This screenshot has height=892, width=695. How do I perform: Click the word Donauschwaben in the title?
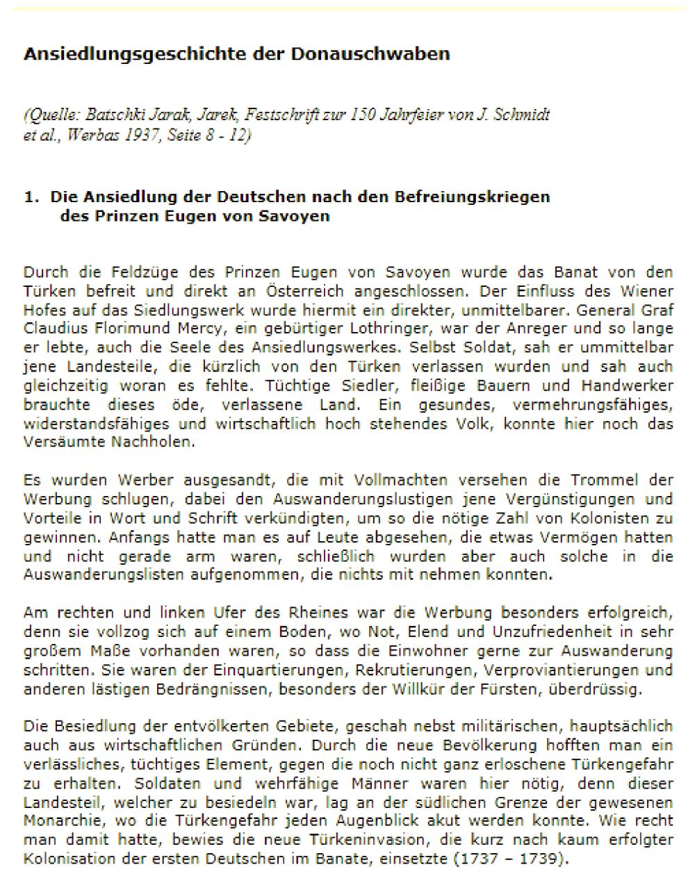point(384,53)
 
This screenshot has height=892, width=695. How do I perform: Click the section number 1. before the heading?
point(32,197)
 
